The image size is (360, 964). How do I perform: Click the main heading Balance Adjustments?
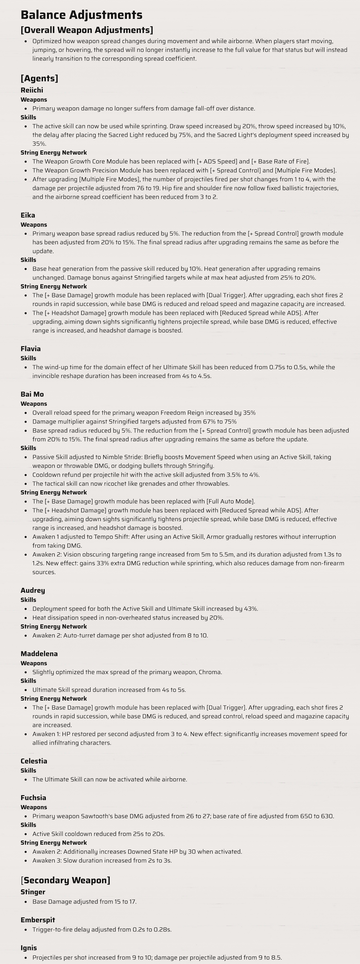[81, 15]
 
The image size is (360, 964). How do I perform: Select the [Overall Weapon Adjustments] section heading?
[87, 30]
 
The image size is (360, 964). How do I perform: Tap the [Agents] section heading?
[39, 78]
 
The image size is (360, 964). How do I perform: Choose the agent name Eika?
[28, 215]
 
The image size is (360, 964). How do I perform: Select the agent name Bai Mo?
[32, 394]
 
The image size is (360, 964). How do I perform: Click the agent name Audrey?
[33, 590]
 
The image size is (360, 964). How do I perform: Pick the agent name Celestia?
[34, 761]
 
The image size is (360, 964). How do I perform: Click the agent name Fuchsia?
[33, 797]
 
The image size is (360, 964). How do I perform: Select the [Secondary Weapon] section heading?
[66, 880]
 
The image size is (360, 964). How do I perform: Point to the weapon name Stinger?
[33, 892]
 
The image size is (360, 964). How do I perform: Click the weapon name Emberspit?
[38, 920]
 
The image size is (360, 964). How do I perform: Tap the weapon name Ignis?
[29, 948]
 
